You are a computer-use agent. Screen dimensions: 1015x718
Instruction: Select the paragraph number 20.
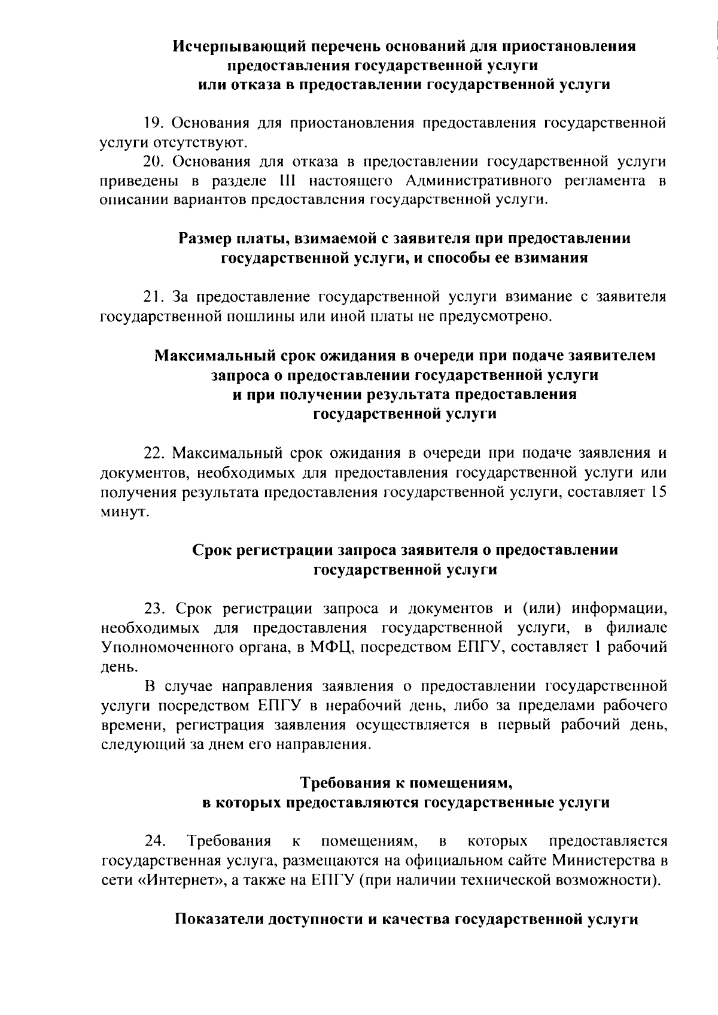[x=154, y=162]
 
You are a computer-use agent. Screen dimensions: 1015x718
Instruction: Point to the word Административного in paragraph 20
[x=472, y=181]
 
